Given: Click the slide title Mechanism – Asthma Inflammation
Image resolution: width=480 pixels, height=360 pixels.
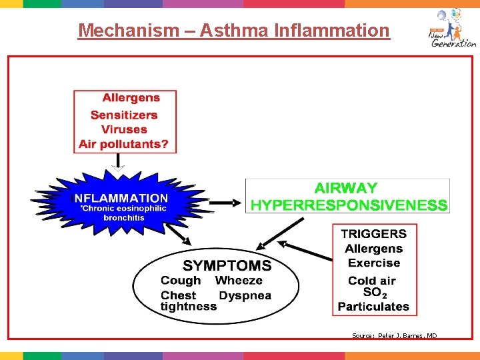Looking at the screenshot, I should (233, 31).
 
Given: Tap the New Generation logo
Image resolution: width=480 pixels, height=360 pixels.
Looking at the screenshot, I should (451, 29).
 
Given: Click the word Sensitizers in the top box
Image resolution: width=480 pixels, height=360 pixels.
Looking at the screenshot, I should (124, 115).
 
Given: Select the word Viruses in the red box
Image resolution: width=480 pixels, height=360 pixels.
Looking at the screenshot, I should (124, 129).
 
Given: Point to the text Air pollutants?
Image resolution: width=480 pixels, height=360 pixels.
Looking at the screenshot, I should (124, 144).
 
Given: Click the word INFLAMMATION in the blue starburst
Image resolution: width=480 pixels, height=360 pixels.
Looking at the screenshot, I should (120, 198).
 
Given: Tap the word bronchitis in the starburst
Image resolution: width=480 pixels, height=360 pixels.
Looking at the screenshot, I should (123, 217).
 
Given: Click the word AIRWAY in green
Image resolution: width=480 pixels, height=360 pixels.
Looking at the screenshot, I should (345, 189).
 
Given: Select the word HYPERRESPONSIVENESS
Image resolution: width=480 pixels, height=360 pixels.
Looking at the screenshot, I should (349, 205).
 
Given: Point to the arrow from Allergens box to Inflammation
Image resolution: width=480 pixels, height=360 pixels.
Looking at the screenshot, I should (118, 162).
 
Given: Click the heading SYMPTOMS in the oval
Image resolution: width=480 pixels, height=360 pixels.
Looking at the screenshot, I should (227, 265).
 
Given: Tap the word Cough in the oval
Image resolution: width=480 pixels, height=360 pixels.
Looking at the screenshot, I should (180, 281).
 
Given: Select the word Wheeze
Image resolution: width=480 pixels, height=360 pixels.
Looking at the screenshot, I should (239, 281).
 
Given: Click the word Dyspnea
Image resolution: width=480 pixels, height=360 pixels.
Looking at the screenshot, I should (245, 295).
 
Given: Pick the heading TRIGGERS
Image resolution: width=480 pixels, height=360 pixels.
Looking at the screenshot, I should (373, 234).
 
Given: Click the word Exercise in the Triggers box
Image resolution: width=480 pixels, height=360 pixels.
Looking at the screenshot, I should (374, 263).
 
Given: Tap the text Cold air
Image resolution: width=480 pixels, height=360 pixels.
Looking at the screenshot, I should (372, 281).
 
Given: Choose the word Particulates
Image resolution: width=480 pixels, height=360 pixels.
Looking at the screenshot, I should (373, 307).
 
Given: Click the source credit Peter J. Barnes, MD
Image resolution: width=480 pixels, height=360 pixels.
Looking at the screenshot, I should (394, 336).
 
